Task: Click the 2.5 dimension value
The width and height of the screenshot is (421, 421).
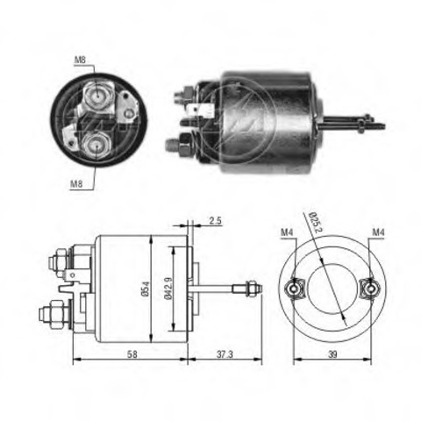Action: (215, 222)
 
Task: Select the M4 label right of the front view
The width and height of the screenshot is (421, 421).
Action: (378, 232)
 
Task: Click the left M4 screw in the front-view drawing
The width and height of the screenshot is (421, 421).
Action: (296, 287)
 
